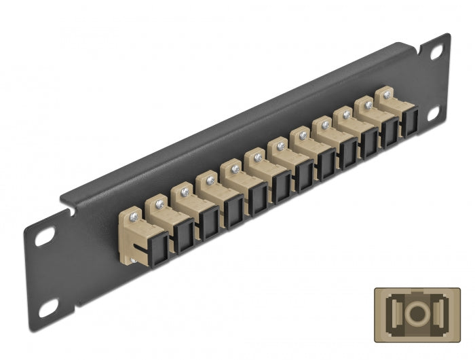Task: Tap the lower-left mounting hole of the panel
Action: tap(48, 309)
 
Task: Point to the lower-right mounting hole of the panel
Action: tap(432, 114)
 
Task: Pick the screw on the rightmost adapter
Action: tap(387, 95)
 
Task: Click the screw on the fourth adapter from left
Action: tap(210, 179)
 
